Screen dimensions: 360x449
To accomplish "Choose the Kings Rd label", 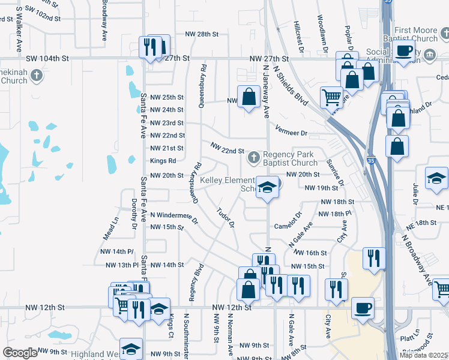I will point(163,161).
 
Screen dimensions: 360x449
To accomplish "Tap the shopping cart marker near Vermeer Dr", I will point(331,97).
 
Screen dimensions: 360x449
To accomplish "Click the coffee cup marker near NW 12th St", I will point(363,308).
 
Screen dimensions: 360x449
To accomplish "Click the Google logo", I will point(20,353).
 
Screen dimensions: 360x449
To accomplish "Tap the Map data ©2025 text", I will point(423,355).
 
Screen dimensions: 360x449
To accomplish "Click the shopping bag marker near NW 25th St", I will point(249,96).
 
